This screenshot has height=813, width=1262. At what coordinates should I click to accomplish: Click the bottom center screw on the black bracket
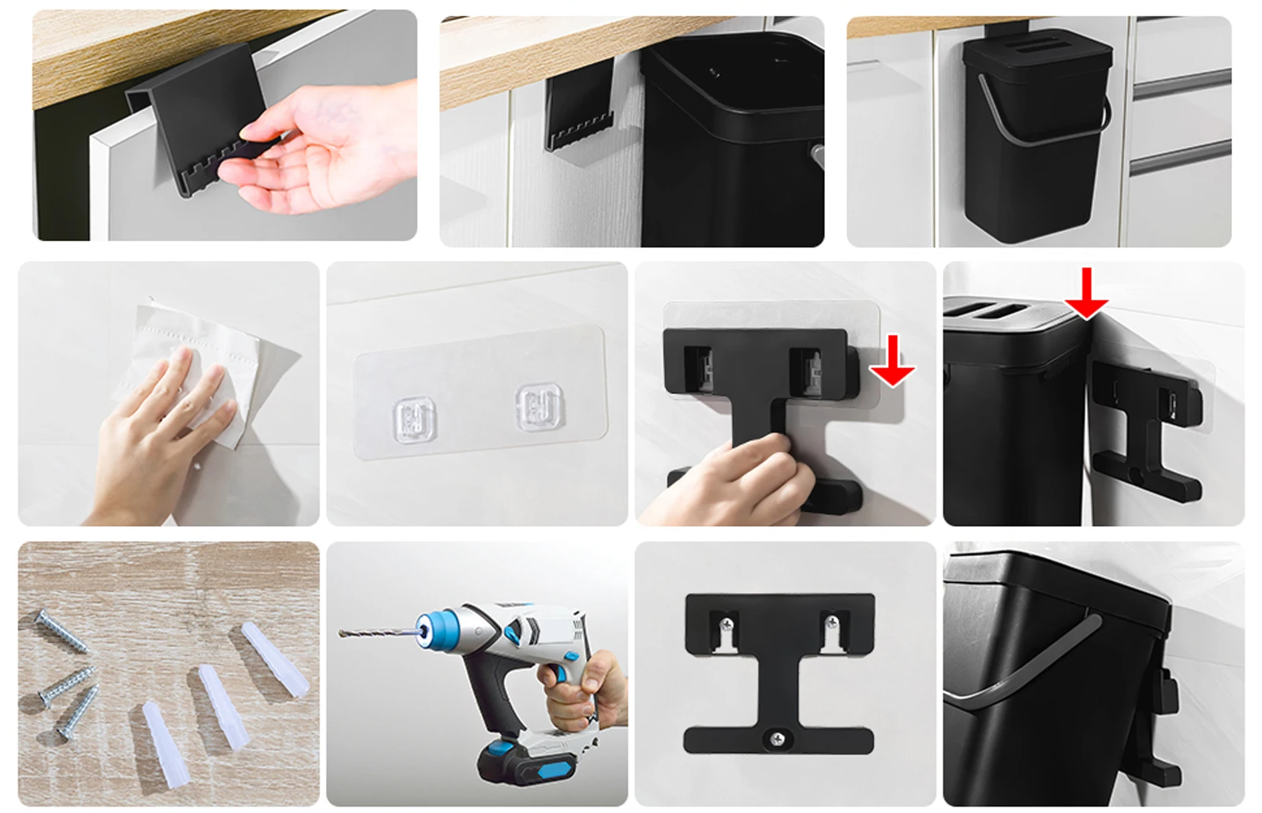[778, 739]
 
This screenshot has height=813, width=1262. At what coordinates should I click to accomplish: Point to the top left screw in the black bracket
[727, 625]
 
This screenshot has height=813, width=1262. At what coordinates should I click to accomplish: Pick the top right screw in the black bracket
[831, 625]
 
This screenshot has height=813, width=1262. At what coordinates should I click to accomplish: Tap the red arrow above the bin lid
[1086, 293]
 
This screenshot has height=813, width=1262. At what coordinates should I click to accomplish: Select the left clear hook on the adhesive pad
[414, 418]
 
